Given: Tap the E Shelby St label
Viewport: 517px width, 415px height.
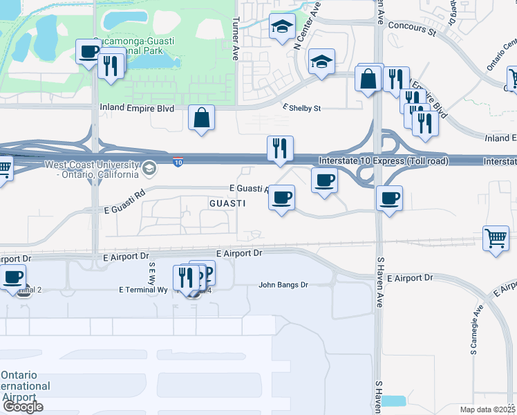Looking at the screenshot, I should tap(302, 108).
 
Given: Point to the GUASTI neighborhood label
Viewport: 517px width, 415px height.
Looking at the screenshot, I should tap(227, 203).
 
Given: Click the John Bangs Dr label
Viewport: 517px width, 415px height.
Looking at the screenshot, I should tap(283, 284).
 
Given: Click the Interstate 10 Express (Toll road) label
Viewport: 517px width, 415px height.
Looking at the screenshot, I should tap(384, 161).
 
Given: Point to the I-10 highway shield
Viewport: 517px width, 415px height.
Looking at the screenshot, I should tap(178, 161).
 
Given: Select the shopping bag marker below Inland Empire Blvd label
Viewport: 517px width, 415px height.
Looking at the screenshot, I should tap(202, 118).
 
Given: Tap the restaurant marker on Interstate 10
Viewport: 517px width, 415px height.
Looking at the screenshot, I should tap(280, 149).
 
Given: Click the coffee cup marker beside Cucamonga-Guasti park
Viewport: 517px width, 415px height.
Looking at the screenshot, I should tap(88, 53).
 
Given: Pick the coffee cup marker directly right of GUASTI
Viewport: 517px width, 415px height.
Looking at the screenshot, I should tap(281, 198).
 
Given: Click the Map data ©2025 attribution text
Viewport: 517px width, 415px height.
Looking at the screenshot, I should tap(488, 409).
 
